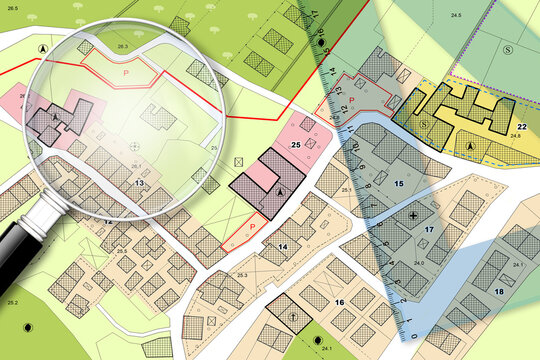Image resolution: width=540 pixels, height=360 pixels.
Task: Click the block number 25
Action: click(296, 145)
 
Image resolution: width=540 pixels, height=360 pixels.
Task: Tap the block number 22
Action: click(522, 126)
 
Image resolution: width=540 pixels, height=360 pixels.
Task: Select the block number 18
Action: click(499, 291)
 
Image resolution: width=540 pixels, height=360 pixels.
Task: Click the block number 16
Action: click(340, 302)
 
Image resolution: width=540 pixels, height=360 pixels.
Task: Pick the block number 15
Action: click(398, 184)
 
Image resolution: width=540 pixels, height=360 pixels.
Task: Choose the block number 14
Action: click(283, 246)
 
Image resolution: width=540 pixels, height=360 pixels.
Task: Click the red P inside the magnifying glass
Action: click(126, 72)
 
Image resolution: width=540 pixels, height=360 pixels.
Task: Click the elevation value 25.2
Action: click(12, 301)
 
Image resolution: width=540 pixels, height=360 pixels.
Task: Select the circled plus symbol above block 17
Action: click(414, 216)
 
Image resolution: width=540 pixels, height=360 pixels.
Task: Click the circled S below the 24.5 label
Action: click(508, 49)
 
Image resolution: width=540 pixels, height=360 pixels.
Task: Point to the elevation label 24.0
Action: click(420, 262)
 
